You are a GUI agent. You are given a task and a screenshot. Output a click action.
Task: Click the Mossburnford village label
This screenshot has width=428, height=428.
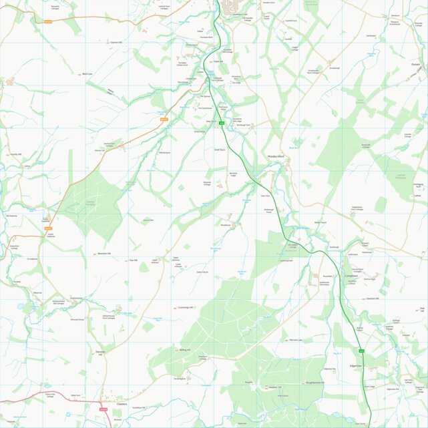click(x=276, y=156)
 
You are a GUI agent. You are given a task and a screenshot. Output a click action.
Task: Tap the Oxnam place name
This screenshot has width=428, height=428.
click(x=415, y=64)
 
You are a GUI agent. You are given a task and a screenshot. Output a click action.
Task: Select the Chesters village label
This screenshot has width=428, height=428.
click(x=122, y=404)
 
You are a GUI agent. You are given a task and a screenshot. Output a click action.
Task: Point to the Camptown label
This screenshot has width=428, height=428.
click(x=352, y=276)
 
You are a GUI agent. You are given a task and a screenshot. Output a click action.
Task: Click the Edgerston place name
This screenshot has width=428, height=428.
click(x=355, y=366)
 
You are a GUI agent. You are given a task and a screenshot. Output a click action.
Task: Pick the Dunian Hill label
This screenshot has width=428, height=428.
click(x=117, y=41)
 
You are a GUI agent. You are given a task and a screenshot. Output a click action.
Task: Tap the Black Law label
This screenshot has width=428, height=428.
click(x=87, y=73)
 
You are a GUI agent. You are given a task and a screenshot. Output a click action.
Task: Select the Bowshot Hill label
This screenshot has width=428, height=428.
click(x=103, y=254)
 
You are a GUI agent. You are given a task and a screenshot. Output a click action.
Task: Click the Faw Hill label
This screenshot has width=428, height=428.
click(x=133, y=260)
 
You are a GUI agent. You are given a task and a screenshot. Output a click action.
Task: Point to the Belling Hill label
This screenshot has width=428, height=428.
click(x=185, y=350)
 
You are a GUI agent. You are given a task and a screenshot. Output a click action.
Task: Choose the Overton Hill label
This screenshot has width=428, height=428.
click(x=372, y=298)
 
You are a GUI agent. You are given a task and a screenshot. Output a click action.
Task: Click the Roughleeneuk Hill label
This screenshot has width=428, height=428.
click(x=314, y=383)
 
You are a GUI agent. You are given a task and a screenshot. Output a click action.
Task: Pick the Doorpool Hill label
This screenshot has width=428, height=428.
click(x=101, y=353)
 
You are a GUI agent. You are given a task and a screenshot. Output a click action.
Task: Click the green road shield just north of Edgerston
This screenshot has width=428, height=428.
click(x=361, y=351)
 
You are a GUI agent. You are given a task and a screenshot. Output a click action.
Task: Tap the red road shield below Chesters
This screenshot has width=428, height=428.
click(x=103, y=409)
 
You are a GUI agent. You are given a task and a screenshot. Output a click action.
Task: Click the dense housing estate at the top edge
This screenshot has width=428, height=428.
click(x=234, y=7)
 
